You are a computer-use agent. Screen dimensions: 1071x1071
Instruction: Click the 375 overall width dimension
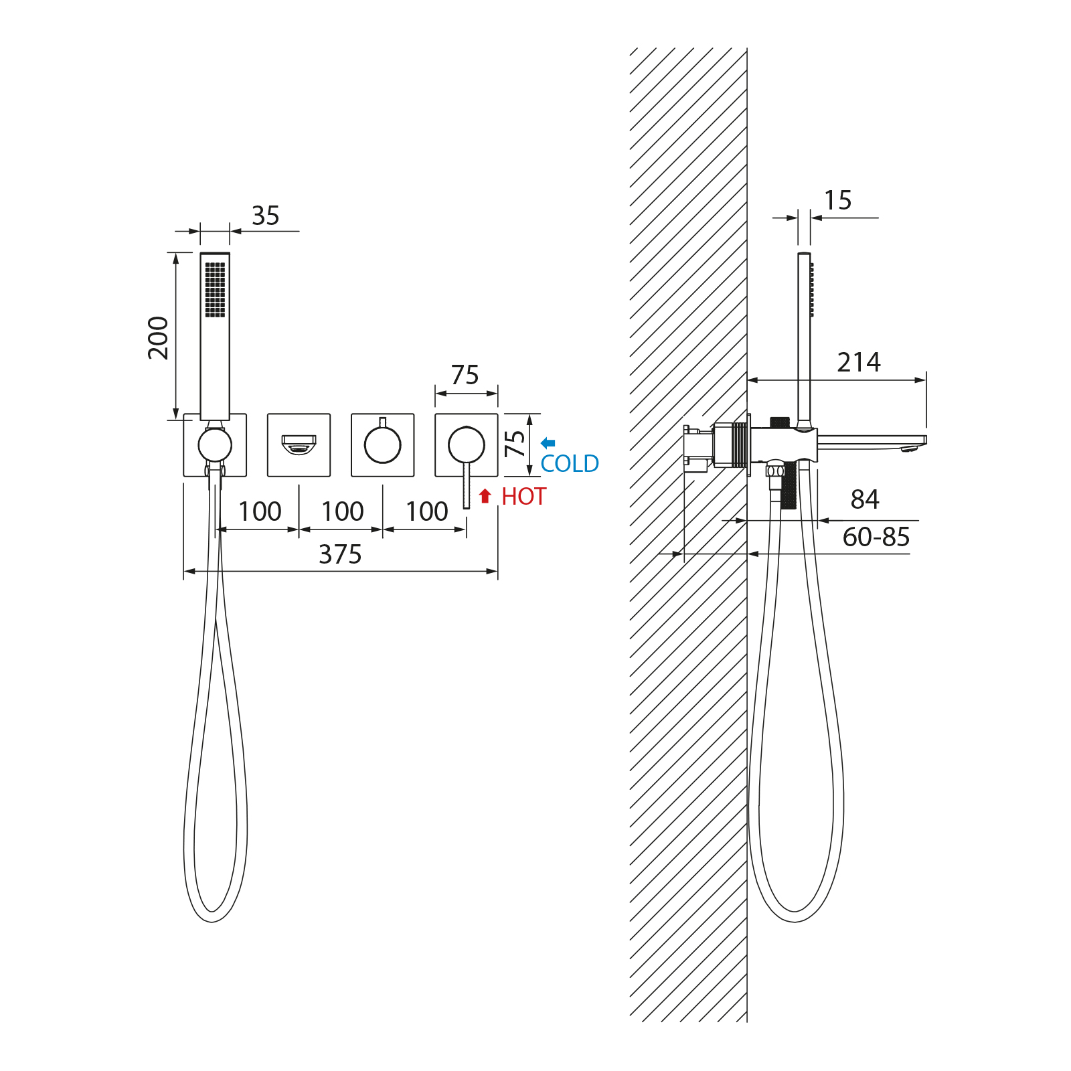click(340, 554)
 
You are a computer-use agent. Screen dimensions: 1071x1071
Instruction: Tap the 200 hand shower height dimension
click(159, 338)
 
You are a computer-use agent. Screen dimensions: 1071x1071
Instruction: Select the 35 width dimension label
click(265, 216)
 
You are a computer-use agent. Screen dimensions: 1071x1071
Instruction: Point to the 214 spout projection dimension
click(859, 362)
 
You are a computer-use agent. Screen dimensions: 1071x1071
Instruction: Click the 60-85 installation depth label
click(876, 537)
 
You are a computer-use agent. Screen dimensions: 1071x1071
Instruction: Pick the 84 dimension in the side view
click(865, 499)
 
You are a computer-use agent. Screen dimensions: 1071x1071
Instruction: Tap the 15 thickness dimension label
click(837, 200)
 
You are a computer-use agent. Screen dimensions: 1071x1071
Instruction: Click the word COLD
click(570, 464)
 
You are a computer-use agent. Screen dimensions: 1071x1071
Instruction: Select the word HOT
click(524, 497)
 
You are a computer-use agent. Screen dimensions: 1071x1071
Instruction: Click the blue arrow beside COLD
click(548, 442)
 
